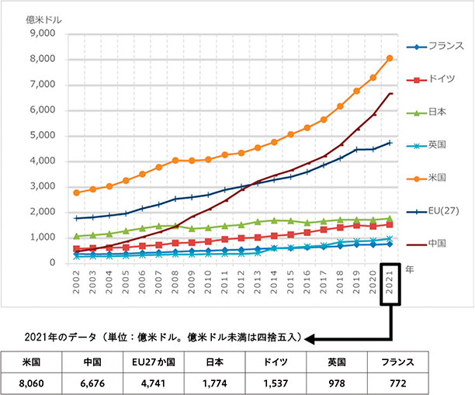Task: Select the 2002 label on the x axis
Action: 76,281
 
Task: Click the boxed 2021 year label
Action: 390,281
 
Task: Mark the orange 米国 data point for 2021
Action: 390,58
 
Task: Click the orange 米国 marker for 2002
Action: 76,192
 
